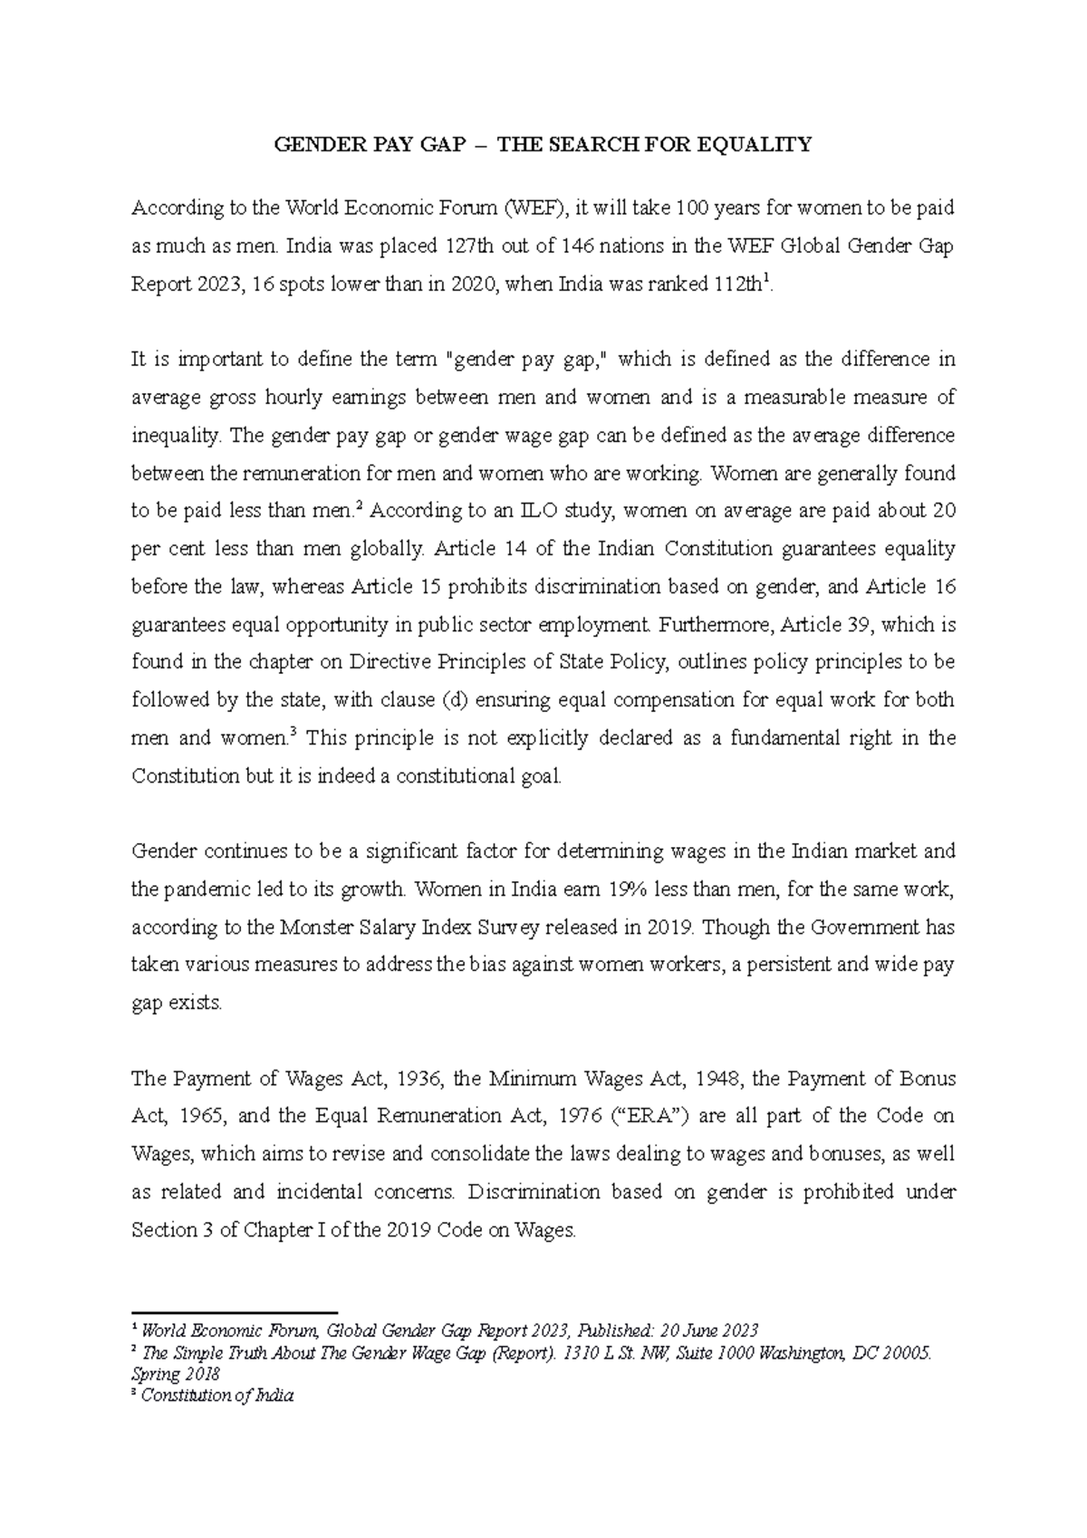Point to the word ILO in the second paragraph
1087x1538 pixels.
coord(543,511)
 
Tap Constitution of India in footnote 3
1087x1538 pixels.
coord(217,1396)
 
